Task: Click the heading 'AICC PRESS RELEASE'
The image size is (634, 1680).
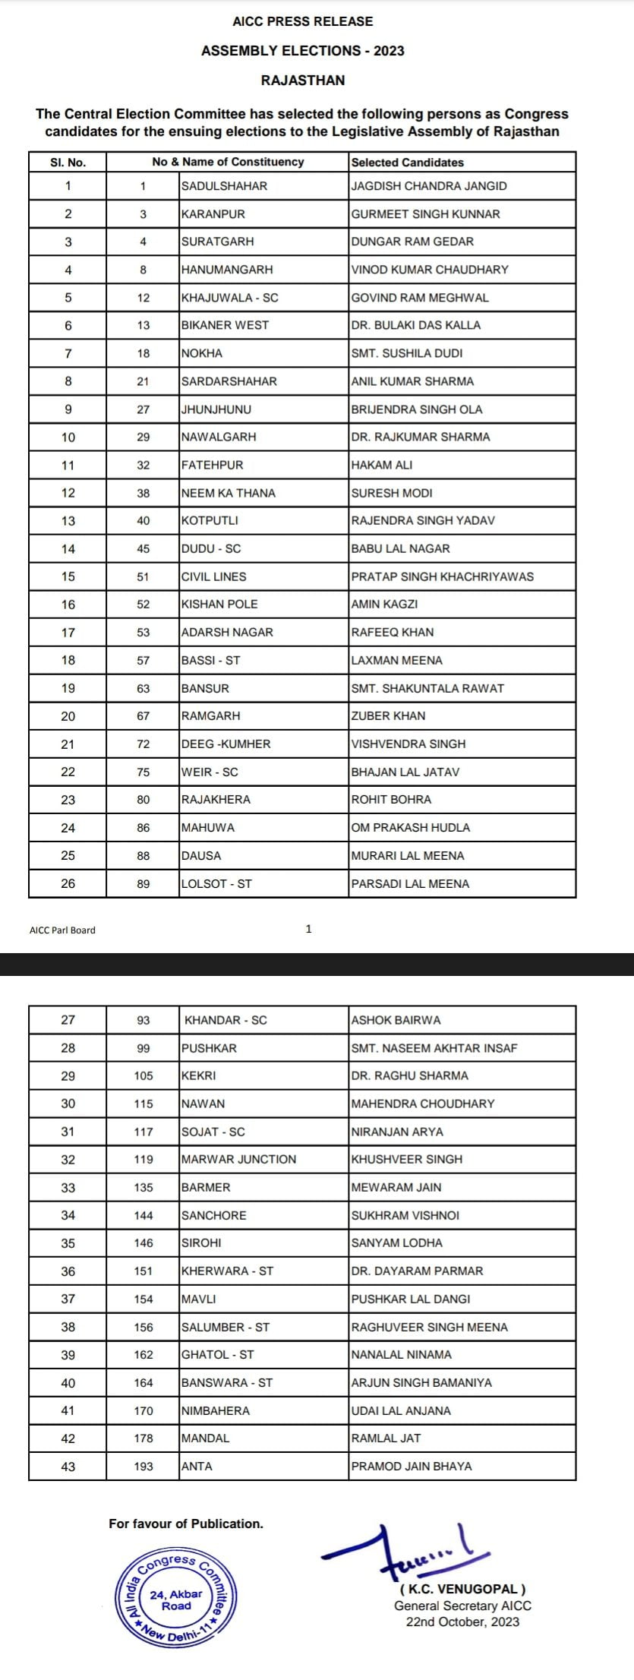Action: pos(302,21)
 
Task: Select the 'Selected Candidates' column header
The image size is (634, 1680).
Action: pos(407,162)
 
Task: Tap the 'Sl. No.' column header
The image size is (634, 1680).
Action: pos(68,162)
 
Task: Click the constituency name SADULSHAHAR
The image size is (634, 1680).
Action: pos(224,186)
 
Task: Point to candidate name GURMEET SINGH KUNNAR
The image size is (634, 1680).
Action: pos(425,214)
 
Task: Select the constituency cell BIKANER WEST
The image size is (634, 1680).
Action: pos(225,325)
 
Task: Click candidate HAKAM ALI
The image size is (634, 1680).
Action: pos(382,465)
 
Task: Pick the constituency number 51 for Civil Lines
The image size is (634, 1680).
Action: pos(144,576)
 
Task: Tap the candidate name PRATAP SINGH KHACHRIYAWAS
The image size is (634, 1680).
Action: pos(442,576)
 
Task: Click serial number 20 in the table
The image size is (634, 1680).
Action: pos(68,716)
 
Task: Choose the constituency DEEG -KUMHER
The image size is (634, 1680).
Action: pos(226,744)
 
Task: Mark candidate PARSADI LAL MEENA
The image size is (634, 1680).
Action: pos(410,883)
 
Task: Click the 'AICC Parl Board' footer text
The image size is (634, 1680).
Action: pos(62,930)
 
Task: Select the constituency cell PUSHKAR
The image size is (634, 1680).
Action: pos(209,1048)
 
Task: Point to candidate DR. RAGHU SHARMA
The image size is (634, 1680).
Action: pos(409,1075)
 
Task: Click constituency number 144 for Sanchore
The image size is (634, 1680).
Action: pos(144,1215)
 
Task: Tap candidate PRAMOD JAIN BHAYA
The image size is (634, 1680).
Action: pos(411,1466)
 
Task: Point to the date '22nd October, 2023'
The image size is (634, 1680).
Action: pos(462,1622)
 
